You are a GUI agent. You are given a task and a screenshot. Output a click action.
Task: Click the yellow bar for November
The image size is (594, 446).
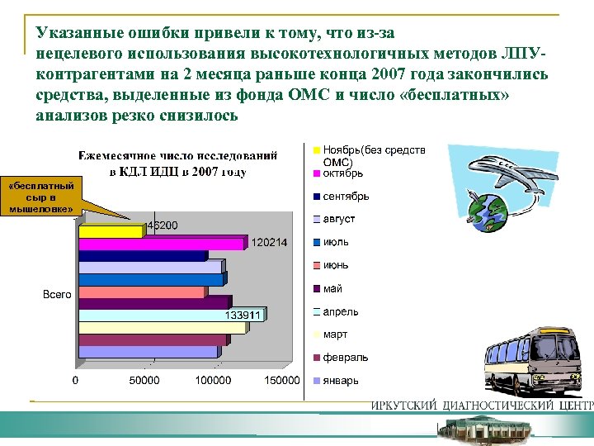[x=111, y=232]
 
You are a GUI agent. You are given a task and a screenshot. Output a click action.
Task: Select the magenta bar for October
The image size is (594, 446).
[x=161, y=244]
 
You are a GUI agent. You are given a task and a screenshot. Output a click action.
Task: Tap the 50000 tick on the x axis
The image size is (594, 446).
[x=144, y=381]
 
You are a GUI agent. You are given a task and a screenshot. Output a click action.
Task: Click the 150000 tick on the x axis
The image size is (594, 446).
[x=281, y=381]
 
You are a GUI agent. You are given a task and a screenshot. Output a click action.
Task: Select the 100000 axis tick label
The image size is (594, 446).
[x=213, y=381]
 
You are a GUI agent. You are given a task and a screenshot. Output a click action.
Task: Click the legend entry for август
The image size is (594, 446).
[x=339, y=219]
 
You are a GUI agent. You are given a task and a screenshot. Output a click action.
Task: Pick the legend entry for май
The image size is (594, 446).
[x=332, y=288]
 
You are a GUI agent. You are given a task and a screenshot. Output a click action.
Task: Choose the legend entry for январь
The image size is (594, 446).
[x=341, y=381]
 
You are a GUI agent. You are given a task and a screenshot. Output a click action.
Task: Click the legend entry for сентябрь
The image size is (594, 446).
[x=346, y=196]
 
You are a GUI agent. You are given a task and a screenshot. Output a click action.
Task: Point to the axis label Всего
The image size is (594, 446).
[x=57, y=294]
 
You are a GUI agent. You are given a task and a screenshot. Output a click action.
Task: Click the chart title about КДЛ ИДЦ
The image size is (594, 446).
[x=178, y=164]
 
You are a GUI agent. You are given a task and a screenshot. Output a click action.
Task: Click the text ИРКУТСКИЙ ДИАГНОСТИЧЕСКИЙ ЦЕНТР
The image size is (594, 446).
[x=482, y=406]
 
